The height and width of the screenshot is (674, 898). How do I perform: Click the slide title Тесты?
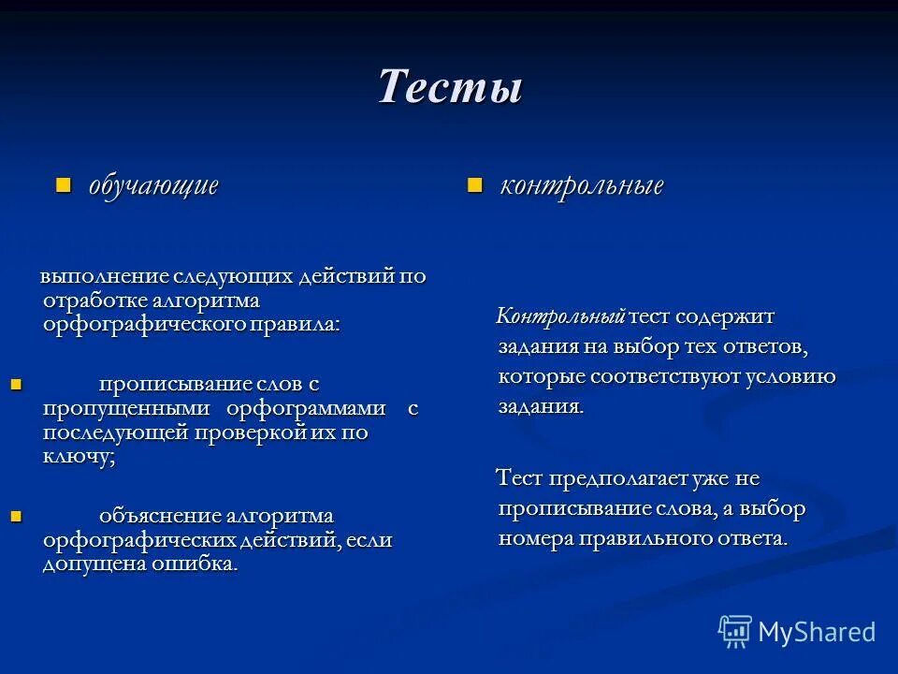coord(449,87)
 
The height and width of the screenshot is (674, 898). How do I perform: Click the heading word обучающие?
coord(153,184)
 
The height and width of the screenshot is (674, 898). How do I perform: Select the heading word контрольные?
coord(581,185)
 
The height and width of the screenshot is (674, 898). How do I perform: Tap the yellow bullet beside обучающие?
coord(64,183)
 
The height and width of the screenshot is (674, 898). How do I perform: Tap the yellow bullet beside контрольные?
coord(474,184)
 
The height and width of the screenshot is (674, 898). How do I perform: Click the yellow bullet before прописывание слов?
coord(15,382)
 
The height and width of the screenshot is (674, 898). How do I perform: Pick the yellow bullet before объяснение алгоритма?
coord(15,514)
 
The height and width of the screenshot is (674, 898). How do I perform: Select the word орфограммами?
coord(306,408)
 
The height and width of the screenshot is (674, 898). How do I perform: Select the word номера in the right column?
coord(536,538)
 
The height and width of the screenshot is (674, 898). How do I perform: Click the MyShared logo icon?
coord(735,631)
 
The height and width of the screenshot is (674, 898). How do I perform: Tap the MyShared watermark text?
coord(817,632)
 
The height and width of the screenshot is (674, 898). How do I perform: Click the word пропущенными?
coord(128,408)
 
